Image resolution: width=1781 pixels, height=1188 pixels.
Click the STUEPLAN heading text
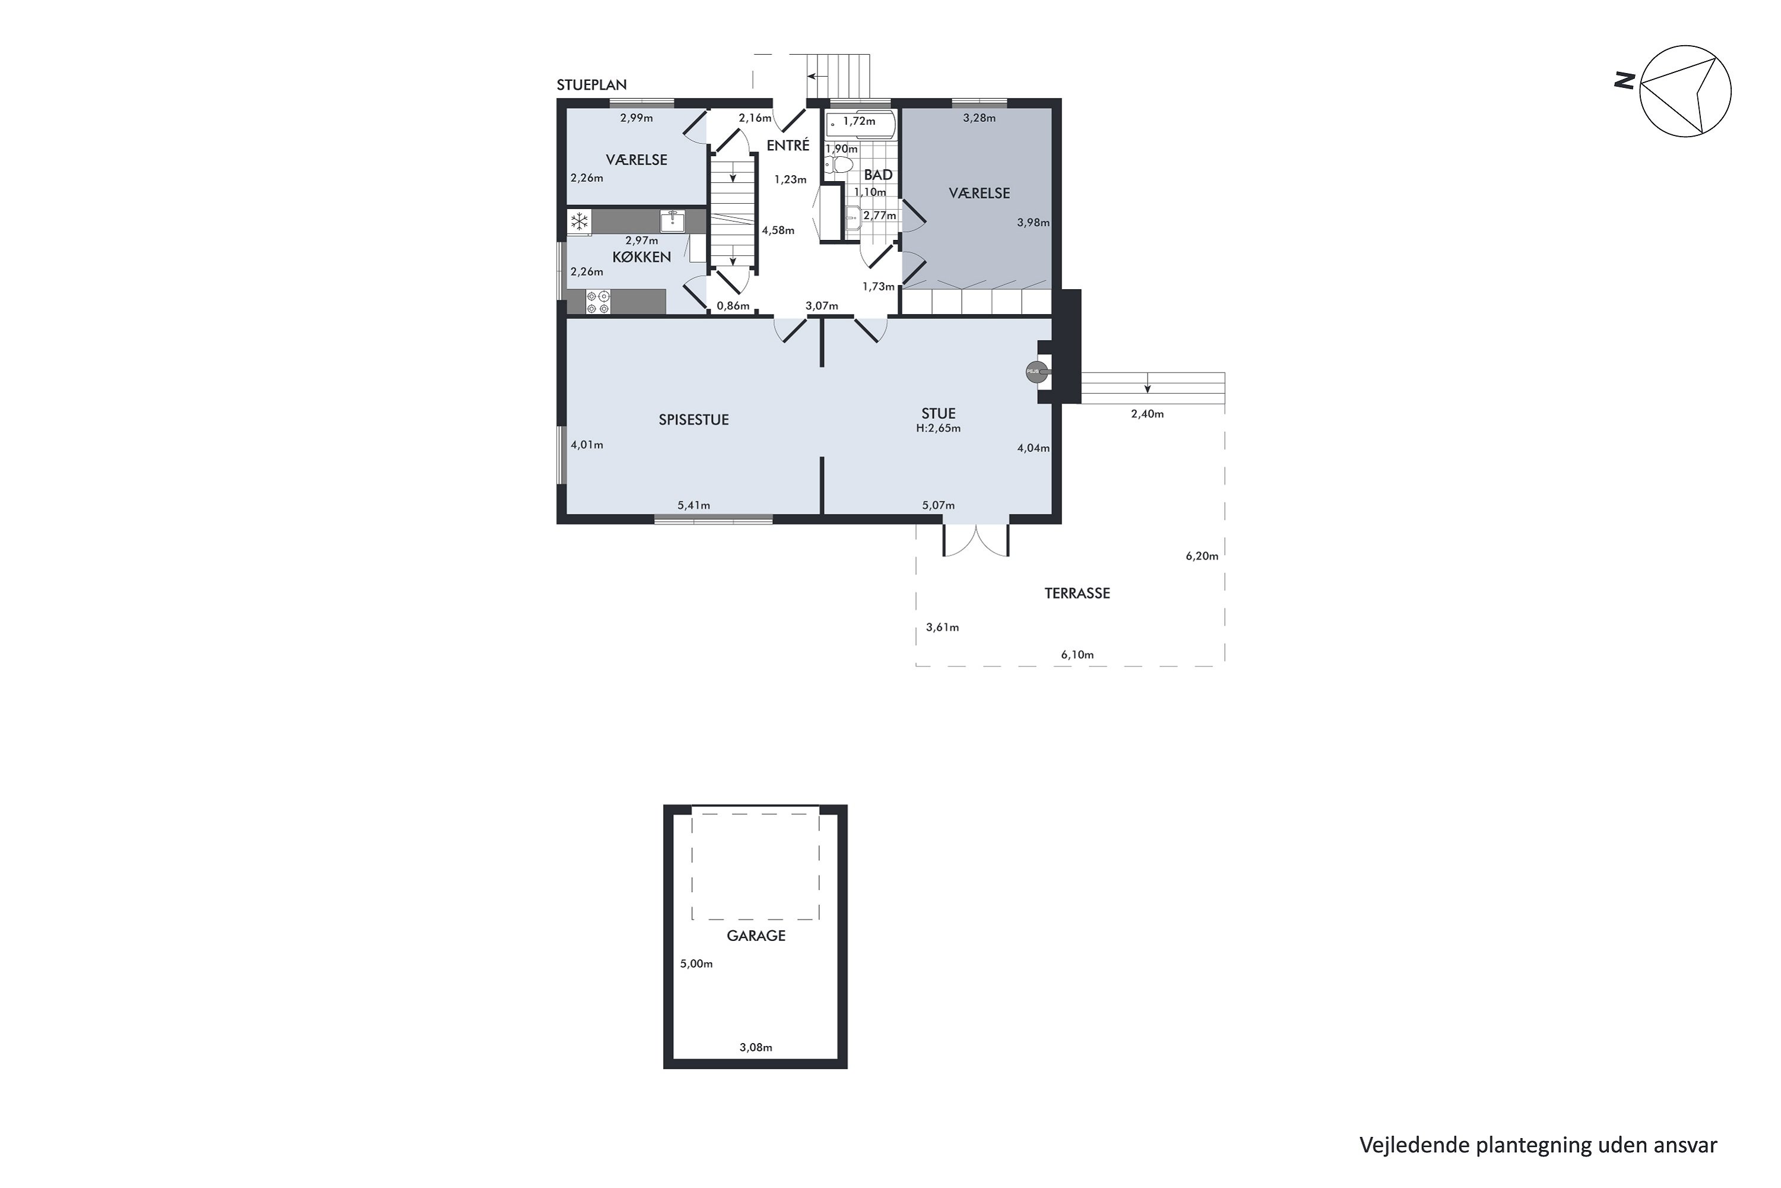(591, 85)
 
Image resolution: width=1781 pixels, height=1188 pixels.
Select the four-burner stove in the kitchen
(597, 302)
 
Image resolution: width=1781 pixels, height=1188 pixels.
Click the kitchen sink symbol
(673, 220)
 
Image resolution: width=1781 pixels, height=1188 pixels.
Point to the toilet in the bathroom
(839, 165)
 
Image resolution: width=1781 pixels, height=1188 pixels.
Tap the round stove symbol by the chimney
(1036, 371)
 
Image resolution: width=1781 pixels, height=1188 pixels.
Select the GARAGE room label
(756, 936)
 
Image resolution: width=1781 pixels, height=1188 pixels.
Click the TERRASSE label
(1077, 593)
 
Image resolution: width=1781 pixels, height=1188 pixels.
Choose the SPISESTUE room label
(693, 420)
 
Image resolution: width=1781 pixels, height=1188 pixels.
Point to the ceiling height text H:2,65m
(938, 428)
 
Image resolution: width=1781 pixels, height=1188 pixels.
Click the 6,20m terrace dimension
(1202, 556)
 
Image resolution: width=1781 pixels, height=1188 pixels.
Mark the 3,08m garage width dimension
(756, 1048)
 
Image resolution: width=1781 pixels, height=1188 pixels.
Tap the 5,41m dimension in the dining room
(693, 505)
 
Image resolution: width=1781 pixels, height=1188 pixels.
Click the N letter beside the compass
(1624, 80)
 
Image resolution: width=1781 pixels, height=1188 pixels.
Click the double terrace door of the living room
(975, 539)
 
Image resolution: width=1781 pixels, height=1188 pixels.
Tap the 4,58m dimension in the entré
(778, 230)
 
